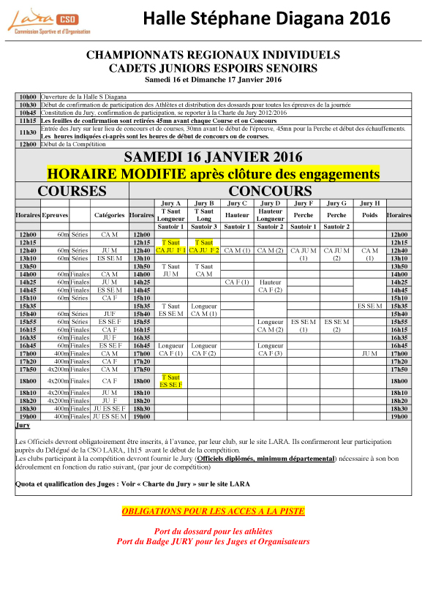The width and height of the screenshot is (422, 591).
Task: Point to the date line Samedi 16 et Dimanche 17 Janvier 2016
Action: pos(213,79)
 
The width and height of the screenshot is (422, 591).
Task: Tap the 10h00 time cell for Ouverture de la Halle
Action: pos(28,97)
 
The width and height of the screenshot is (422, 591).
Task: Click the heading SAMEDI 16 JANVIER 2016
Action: pos(212,157)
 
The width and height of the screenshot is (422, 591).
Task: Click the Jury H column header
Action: pos(370,203)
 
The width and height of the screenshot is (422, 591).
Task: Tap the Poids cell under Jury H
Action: pos(370,215)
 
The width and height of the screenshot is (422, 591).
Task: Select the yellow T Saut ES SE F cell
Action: pos(171,380)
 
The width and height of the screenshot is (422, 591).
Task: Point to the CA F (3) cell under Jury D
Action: pos(271,354)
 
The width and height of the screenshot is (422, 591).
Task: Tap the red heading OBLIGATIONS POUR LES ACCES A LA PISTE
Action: pos(213,511)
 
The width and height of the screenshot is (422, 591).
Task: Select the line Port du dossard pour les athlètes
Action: pos(213,531)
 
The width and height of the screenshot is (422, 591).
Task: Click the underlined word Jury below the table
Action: pos(23,425)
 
